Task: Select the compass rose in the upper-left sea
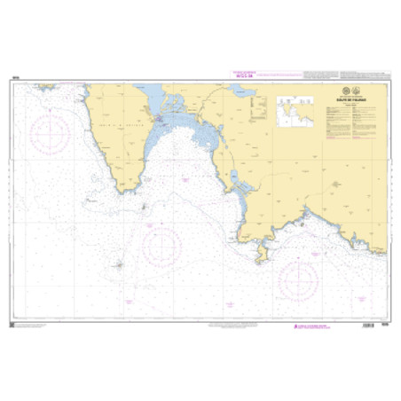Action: pos(50,136)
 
